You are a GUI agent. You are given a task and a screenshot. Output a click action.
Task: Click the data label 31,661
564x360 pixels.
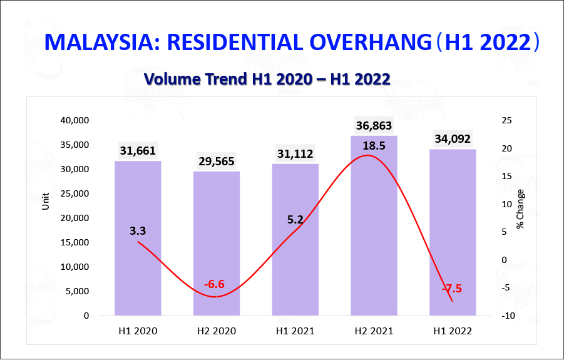click(138, 151)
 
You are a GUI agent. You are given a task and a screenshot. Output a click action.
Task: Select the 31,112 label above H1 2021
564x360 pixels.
click(295, 154)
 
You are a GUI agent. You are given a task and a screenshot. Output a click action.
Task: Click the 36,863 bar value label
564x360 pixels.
click(374, 125)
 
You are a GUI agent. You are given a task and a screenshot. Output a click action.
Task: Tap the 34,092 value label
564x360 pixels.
click(452, 139)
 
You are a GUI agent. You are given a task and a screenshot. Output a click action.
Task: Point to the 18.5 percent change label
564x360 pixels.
click(374, 146)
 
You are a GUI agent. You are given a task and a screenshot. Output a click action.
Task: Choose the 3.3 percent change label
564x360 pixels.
click(138, 231)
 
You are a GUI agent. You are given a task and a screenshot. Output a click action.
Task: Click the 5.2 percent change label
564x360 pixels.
click(295, 220)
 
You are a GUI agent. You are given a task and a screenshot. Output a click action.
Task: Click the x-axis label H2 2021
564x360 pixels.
click(374, 331)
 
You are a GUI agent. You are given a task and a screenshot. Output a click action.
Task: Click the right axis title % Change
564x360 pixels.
click(521, 208)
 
